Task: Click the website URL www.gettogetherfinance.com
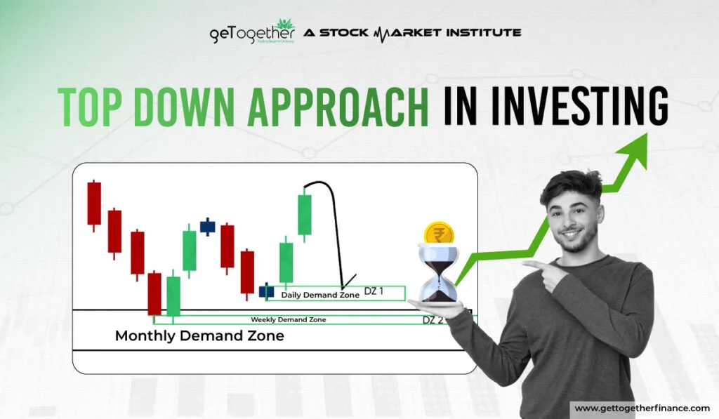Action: coord(642,408)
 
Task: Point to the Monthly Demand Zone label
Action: coord(199,335)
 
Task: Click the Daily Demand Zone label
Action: coord(320,295)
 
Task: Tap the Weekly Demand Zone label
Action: coord(288,319)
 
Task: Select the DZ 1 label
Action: coord(374,291)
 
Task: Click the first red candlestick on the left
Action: coord(94,204)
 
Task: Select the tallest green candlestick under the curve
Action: coord(304,214)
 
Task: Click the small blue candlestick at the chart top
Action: coord(207,226)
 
